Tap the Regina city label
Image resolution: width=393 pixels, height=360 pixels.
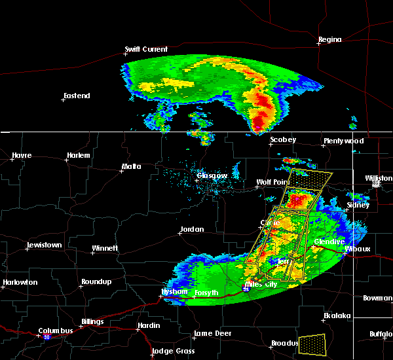[330, 39]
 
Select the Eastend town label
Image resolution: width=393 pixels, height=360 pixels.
[77, 96]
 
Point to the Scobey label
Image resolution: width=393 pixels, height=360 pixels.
[283, 139]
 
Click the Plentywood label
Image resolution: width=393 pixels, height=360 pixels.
[343, 141]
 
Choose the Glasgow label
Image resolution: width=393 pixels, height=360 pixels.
[213, 175]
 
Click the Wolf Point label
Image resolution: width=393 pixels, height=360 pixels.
[272, 182]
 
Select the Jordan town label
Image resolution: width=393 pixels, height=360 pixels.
[192, 229]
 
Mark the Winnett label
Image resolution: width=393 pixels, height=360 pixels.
[105, 248]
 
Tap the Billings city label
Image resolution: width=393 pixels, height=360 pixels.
[92, 321]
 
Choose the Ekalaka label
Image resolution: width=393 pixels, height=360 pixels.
[338, 315]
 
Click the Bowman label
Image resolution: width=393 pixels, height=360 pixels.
[377, 298]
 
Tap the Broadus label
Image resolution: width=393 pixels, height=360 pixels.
[286, 343]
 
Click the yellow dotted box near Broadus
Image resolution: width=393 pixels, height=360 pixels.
[311, 343]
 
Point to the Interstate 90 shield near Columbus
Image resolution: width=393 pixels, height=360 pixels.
[47, 337]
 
